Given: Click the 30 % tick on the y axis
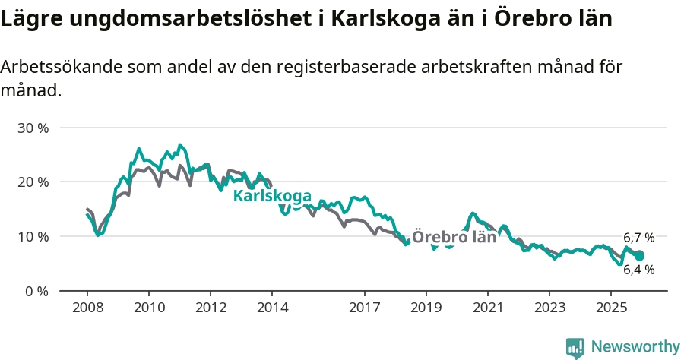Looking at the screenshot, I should tap(32, 128).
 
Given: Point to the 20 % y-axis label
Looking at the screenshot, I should tap(32, 182).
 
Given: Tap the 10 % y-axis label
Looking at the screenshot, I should tap(32, 236).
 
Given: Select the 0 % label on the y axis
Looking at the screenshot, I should tap(36, 291).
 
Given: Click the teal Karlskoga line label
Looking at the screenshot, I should tap(271, 196).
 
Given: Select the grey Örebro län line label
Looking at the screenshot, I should tap(454, 236).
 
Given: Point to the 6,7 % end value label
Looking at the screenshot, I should tap(638, 238).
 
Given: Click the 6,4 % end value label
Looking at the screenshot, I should tap(638, 270).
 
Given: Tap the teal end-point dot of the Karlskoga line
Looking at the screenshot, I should tap(639, 256).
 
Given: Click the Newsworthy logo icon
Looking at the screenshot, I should tap(575, 347).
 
